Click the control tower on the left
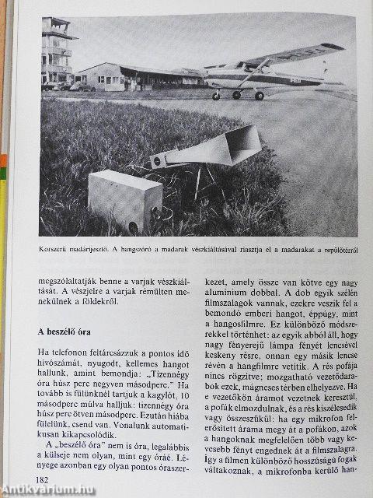[x=56, y=51]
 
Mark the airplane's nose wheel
[x=216, y=96]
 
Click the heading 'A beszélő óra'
[x=72, y=332]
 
